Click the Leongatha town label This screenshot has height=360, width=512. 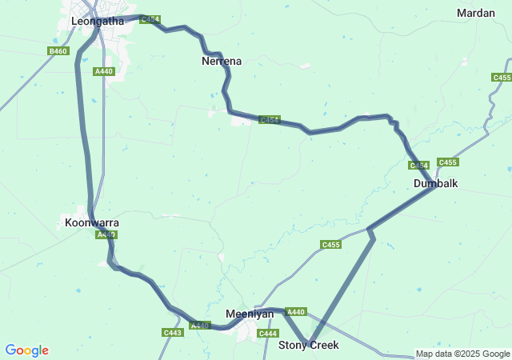point(98,22)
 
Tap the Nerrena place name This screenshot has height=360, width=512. point(222,61)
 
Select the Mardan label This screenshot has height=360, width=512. point(476,13)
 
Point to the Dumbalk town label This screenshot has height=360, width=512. point(435,183)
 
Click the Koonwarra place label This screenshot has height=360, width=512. point(92,222)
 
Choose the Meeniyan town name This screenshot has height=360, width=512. point(250,314)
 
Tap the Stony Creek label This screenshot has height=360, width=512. point(309,345)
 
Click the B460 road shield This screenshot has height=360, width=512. point(58,51)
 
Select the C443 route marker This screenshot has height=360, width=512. point(173,332)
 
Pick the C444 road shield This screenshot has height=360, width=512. point(268,333)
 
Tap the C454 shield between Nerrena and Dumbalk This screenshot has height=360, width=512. point(270,120)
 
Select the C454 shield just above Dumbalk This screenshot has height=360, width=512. point(419,166)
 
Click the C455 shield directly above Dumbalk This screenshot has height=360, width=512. point(448,162)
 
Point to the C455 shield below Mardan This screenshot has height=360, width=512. point(502,77)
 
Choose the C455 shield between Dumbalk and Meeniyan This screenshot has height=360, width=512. point(331,244)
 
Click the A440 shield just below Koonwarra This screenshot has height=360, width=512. point(106,234)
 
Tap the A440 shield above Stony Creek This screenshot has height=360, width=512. point(296,311)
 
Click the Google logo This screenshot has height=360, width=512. point(26,350)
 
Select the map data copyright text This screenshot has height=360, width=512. point(462,354)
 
